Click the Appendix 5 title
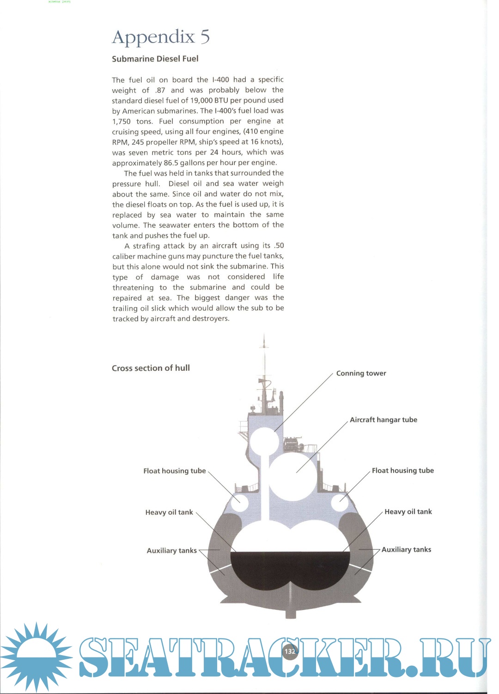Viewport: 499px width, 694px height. [161, 37]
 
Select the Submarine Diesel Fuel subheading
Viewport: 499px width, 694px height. [155, 59]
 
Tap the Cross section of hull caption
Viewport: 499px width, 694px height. [151, 368]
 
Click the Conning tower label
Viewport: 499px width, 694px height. [361, 373]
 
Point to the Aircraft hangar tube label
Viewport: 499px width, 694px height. [383, 420]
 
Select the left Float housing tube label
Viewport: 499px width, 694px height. [174, 471]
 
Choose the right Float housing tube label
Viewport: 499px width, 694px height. [402, 470]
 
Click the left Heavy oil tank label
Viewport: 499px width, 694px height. [169, 512]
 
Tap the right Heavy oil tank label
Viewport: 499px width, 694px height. [408, 511]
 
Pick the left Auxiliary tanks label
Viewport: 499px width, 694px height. [171, 550]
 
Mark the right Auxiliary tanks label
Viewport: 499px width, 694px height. [406, 549]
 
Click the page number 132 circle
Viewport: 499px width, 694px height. [290, 651]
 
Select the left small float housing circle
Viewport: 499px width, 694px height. [239, 502]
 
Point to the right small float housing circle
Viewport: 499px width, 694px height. [340, 502]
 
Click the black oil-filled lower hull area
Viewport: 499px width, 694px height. [290, 571]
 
